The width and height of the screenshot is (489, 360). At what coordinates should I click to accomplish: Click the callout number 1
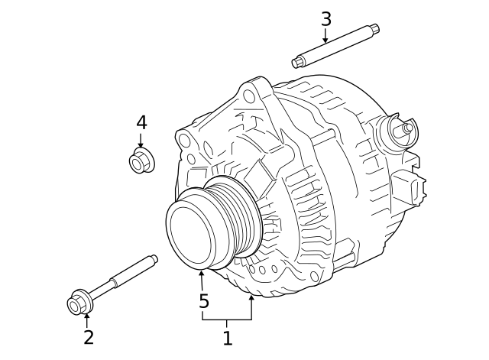227,336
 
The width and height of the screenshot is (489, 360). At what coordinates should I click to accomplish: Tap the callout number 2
89,337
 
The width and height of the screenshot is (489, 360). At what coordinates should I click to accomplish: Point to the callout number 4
141,122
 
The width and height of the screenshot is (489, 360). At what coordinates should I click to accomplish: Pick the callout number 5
204,301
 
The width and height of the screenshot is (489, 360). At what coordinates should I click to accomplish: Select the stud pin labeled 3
336,47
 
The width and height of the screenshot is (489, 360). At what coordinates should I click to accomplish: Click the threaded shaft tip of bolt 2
154,260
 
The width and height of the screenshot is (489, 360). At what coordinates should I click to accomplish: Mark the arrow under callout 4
141,140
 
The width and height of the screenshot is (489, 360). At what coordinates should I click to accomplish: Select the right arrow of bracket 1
251,308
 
